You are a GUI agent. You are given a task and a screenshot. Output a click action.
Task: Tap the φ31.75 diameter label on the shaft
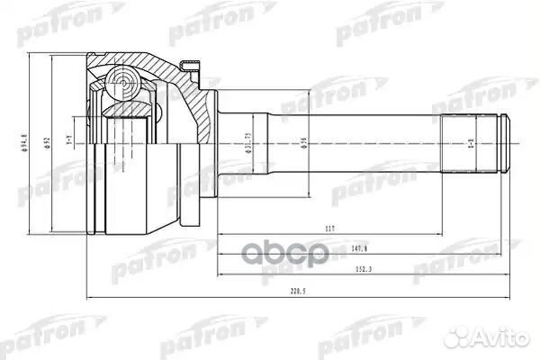click(248, 144)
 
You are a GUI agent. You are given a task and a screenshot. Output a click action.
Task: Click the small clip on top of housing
click(191, 64)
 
